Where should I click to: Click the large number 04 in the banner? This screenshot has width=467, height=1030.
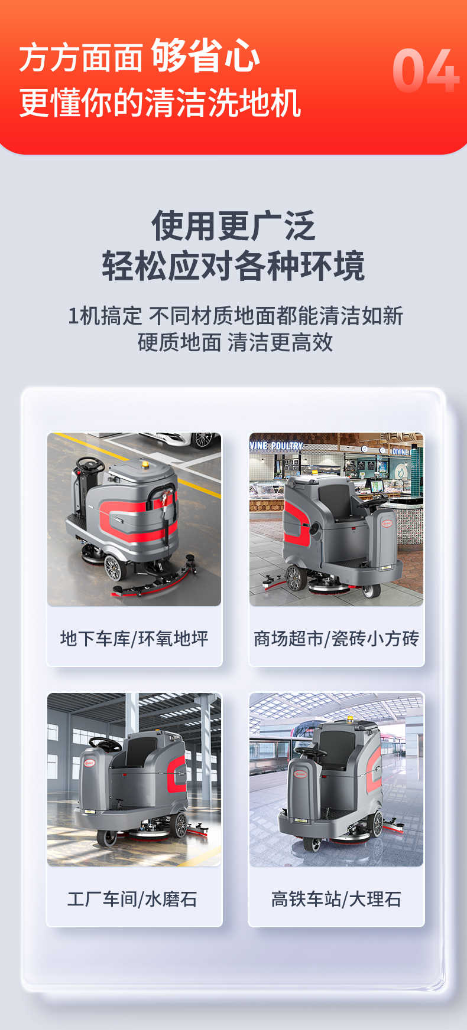(426, 71)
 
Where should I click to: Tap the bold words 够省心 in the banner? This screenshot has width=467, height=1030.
(205, 56)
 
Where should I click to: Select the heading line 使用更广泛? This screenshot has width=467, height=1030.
(234, 225)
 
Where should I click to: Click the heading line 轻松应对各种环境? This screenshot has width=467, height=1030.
(234, 266)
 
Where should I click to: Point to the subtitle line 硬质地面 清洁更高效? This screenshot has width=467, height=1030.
(235, 342)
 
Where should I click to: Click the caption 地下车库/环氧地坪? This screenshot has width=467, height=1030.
(134, 639)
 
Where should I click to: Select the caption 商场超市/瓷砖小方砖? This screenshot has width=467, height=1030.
(336, 639)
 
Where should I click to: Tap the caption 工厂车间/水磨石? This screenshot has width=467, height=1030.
(132, 899)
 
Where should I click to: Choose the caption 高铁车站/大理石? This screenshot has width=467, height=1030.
(336, 899)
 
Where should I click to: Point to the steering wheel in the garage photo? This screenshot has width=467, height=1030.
(90, 465)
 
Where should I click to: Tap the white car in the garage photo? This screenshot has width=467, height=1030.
(177, 439)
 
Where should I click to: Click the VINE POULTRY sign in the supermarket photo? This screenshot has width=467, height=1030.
(276, 446)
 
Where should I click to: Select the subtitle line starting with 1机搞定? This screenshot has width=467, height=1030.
(235, 316)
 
